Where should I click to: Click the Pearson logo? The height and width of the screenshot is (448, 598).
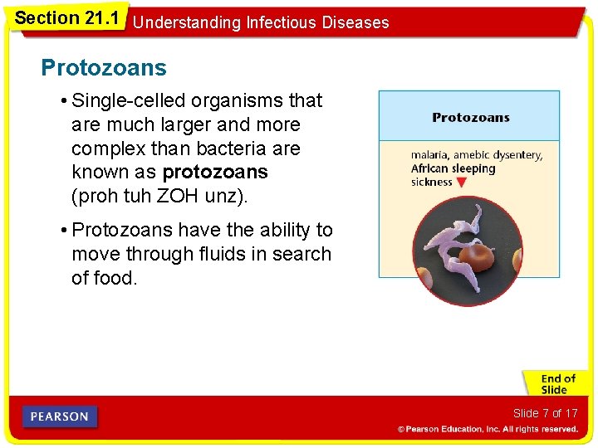[x=60, y=416]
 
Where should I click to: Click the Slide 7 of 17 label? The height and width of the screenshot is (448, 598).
[x=545, y=413]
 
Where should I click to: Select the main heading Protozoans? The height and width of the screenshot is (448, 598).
[x=104, y=68]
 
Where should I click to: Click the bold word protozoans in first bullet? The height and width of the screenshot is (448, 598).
[x=215, y=173]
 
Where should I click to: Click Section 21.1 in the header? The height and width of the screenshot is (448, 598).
[x=66, y=17]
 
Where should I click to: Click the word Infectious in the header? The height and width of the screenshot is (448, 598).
[x=285, y=22]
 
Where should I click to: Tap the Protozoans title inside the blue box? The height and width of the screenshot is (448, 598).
[x=470, y=118]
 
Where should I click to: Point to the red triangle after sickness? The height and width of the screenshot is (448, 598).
[x=462, y=183]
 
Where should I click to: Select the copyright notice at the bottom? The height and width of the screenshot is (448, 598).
[x=487, y=429]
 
